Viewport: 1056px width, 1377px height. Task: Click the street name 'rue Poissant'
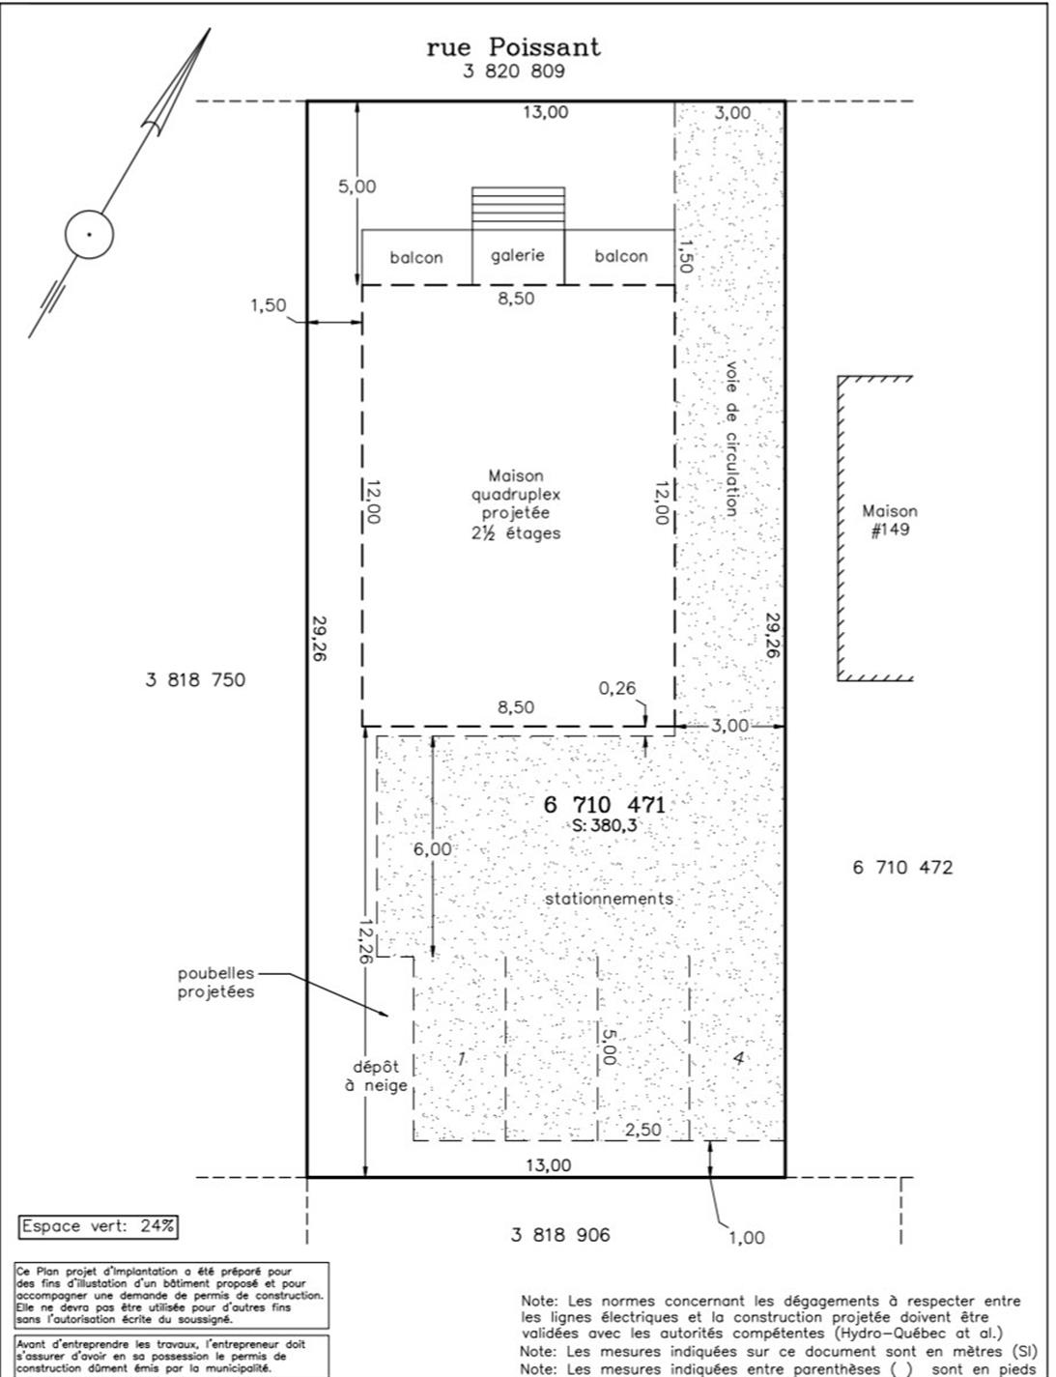coord(513,47)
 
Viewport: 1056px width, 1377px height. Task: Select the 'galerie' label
coord(518,255)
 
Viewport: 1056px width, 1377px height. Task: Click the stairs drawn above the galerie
coord(518,208)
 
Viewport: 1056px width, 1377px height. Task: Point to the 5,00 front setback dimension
coord(357,186)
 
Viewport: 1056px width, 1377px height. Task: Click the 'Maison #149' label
coord(890,520)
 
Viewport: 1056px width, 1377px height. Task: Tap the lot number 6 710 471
coord(605,805)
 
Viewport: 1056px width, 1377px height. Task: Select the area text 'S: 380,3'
coord(605,825)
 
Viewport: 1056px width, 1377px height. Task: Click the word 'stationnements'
coord(609,899)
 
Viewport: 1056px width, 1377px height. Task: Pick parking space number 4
coord(738,1058)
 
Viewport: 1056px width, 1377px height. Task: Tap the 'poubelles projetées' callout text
coord(215,982)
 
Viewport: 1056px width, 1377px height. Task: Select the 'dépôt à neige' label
coord(376,1076)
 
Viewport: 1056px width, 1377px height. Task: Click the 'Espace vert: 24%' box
coord(99,1226)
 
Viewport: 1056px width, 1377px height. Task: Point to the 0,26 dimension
coord(617,688)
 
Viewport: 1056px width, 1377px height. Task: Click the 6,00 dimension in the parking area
coord(433,848)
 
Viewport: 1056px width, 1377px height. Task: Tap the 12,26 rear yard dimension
coord(364,941)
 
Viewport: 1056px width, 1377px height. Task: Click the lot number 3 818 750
coord(195,680)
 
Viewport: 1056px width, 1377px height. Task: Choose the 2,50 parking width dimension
coord(643,1130)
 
